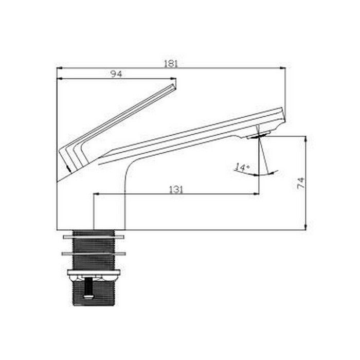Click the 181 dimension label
[x=171, y=64]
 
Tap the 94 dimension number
[x=117, y=74]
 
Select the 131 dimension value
[x=176, y=190]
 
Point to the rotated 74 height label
[x=301, y=183]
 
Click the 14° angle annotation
[x=242, y=168]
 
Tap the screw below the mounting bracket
[x=88, y=287]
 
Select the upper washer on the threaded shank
[x=94, y=237]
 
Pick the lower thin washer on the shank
[x=94, y=254]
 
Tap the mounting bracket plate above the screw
[x=94, y=272]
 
